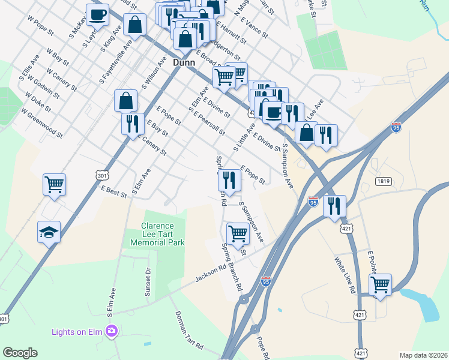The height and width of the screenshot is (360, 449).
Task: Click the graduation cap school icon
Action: [49, 232]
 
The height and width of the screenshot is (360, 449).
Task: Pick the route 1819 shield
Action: [384, 181]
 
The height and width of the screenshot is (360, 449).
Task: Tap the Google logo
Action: [20, 353]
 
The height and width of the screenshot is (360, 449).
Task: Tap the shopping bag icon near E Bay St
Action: [127, 101]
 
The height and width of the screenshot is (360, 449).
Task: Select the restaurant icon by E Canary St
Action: [132, 124]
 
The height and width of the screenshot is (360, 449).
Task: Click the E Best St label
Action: [114, 191]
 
